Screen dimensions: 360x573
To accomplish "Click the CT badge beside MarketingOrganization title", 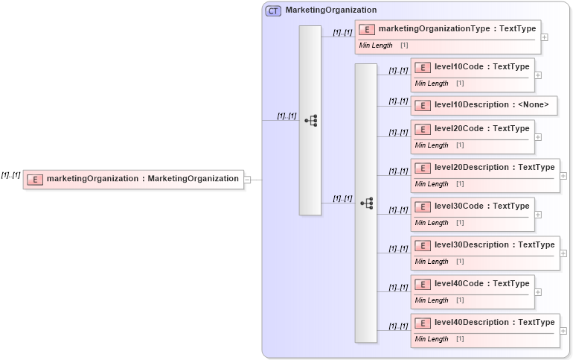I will (273, 10).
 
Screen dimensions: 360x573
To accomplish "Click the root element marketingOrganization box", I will (133, 179).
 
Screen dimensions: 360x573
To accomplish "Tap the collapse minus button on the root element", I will (247, 179).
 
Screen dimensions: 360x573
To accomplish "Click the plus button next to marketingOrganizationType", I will (545, 37).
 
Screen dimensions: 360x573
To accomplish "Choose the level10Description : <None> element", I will (484, 106).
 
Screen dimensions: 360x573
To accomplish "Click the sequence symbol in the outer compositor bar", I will (311, 120).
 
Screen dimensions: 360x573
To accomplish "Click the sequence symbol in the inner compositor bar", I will (366, 203).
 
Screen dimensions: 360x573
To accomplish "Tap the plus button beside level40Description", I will (563, 330).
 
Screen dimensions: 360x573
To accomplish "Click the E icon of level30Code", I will (423, 206).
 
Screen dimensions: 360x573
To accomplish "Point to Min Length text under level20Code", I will (432, 145).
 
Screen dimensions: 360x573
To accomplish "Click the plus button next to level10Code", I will (538, 75).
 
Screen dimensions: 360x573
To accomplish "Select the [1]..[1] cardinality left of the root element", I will (10, 175).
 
